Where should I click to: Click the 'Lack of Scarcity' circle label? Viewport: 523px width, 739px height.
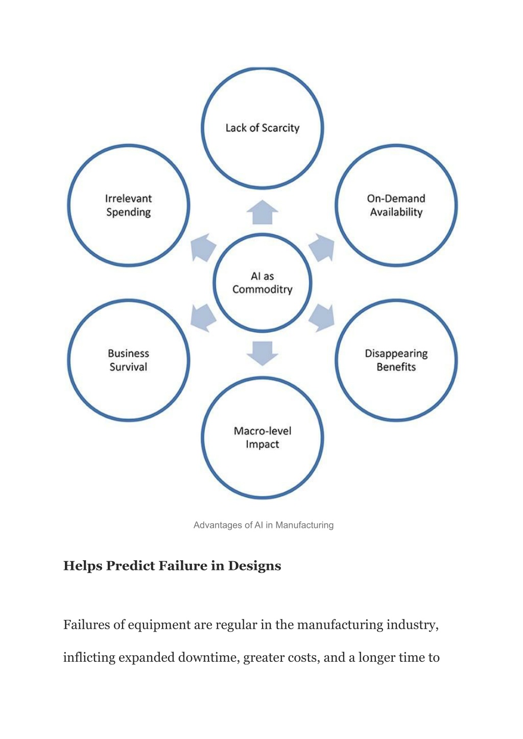coord(262,128)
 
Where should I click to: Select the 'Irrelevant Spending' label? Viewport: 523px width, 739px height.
coord(128,205)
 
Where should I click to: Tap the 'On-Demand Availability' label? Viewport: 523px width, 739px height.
coord(396,205)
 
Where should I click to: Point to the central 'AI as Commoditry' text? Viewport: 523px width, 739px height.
coord(262,283)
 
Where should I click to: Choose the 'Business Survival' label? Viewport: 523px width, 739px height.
coord(128,360)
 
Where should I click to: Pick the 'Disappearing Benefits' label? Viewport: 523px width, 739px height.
coord(396,360)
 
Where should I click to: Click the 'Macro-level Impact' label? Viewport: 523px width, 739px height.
coord(262,437)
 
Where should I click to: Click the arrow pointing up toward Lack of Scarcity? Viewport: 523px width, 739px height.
coord(262,212)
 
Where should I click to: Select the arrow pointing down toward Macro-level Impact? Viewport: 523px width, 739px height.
coord(262,353)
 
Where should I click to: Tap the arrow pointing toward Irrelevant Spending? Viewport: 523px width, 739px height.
coord(202,248)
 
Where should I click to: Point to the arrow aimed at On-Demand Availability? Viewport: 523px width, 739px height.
coord(322,248)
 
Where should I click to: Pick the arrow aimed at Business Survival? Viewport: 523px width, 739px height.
coord(202,318)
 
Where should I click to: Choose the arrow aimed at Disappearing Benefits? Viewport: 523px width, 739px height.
coord(322,318)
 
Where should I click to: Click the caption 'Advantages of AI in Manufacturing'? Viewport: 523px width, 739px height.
coord(263,525)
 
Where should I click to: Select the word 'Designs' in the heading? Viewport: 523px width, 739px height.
coord(254,566)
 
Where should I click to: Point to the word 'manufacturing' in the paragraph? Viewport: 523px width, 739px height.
coord(340,625)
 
